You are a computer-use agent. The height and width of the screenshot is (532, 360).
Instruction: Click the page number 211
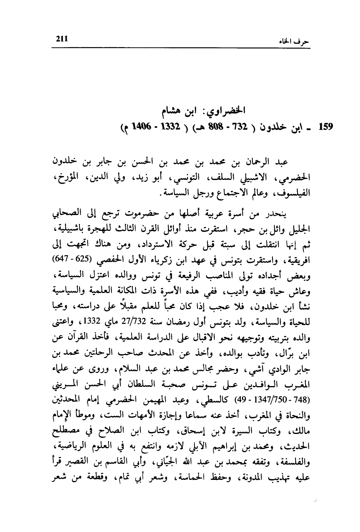(62, 38)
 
